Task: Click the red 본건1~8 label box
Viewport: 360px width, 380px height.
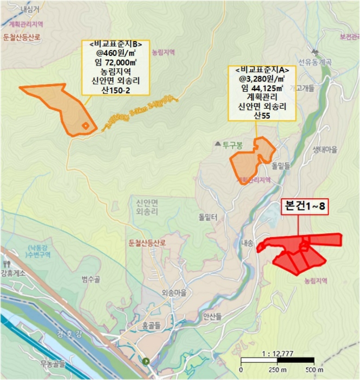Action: point(305,207)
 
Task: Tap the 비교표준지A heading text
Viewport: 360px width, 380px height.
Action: point(262,70)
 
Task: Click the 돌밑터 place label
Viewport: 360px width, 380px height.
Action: point(208,217)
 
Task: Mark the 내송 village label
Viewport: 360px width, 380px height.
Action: point(247,244)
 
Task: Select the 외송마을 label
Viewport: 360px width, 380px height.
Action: point(174,293)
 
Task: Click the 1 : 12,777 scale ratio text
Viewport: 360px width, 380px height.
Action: point(277,353)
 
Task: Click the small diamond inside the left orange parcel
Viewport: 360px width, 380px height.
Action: point(85,126)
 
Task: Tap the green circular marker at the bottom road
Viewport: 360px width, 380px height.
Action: point(146,360)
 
